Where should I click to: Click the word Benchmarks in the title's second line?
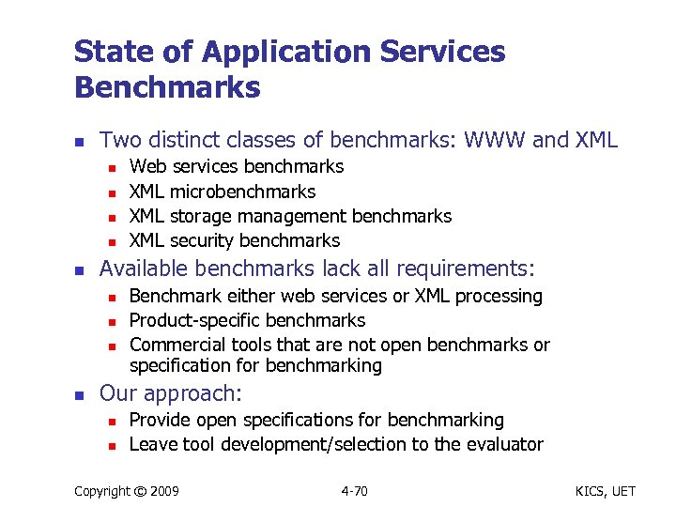pyautogui.click(x=167, y=87)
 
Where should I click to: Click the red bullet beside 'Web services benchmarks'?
pyautogui.click(x=110, y=168)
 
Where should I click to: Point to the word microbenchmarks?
pyautogui.click(x=242, y=192)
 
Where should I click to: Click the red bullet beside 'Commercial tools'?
pyautogui.click(x=110, y=346)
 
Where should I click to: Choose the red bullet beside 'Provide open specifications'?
pyautogui.click(x=110, y=421)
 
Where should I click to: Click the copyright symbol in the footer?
pyautogui.click(x=138, y=489)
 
